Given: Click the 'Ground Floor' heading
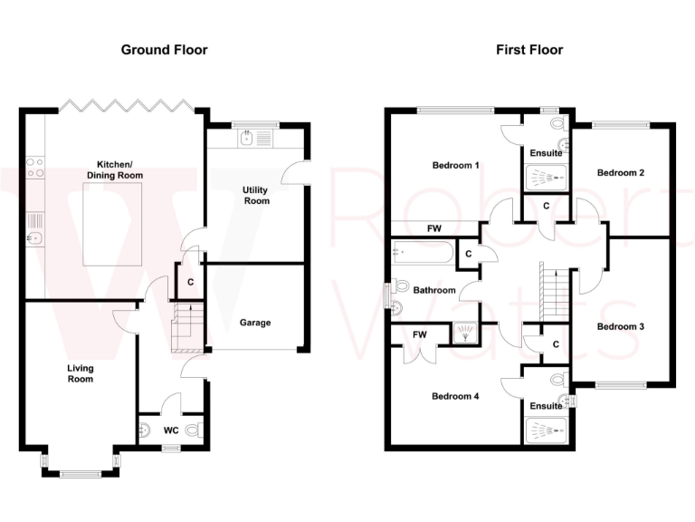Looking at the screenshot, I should (x=164, y=50).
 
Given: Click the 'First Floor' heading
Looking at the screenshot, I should (x=529, y=50).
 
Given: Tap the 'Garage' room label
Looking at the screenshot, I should (x=255, y=323).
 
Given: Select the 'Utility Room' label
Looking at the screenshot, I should (x=256, y=195).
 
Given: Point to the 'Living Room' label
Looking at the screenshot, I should (x=81, y=373).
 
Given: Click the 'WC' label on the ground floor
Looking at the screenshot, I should (x=170, y=430).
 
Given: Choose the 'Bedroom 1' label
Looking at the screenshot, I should (x=455, y=166).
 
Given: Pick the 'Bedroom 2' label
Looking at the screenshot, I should (x=620, y=172).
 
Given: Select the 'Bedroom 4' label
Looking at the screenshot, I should (x=455, y=396).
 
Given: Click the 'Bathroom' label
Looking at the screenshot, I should (x=434, y=291).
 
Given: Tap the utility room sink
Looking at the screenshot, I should (x=245, y=138).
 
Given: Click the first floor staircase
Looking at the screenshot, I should (x=548, y=290).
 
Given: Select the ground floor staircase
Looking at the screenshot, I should (x=186, y=328).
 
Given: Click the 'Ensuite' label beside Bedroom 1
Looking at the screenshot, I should (x=546, y=153).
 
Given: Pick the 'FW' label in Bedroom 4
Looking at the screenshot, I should (x=420, y=335).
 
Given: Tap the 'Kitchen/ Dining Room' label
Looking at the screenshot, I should (x=115, y=169).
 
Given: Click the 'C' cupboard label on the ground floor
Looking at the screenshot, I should (x=190, y=282).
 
